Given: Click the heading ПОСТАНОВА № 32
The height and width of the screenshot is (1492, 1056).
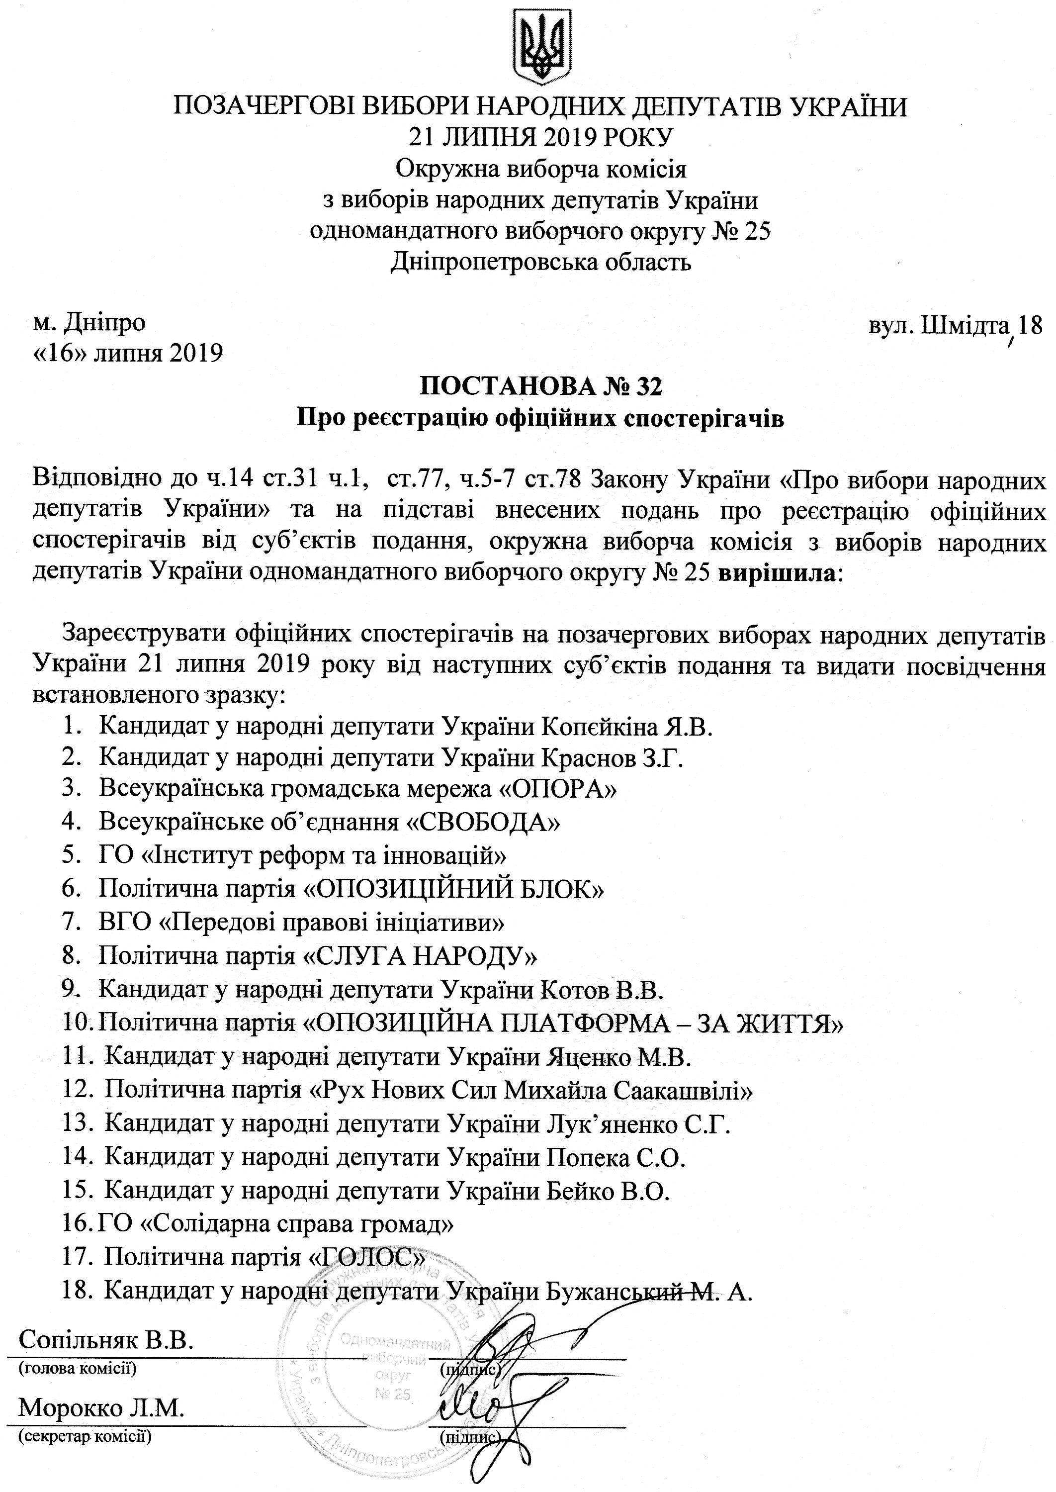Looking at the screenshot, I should point(541,386).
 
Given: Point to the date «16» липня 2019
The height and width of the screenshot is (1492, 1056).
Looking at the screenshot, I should point(127,353).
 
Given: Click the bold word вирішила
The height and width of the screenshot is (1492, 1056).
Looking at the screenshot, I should point(777,573).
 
